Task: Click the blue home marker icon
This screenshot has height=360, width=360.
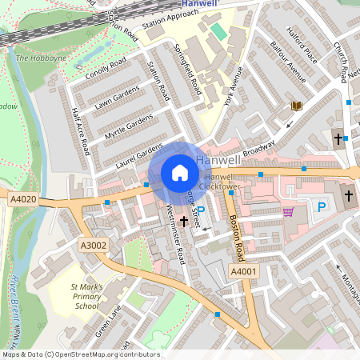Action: [180, 173]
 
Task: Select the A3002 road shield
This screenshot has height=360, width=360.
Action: [92, 245]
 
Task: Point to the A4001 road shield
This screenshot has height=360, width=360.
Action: [243, 272]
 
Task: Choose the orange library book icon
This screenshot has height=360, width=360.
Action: [297, 106]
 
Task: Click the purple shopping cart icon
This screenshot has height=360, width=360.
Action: [288, 212]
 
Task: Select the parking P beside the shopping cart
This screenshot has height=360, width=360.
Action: [322, 207]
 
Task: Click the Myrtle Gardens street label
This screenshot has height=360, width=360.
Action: [127, 127]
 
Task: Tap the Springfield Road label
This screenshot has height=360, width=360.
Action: [188, 70]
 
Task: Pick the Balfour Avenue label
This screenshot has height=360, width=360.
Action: [288, 62]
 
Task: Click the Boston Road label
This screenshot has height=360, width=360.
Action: [234, 238]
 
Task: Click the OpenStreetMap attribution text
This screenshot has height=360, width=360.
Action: [80, 354]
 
